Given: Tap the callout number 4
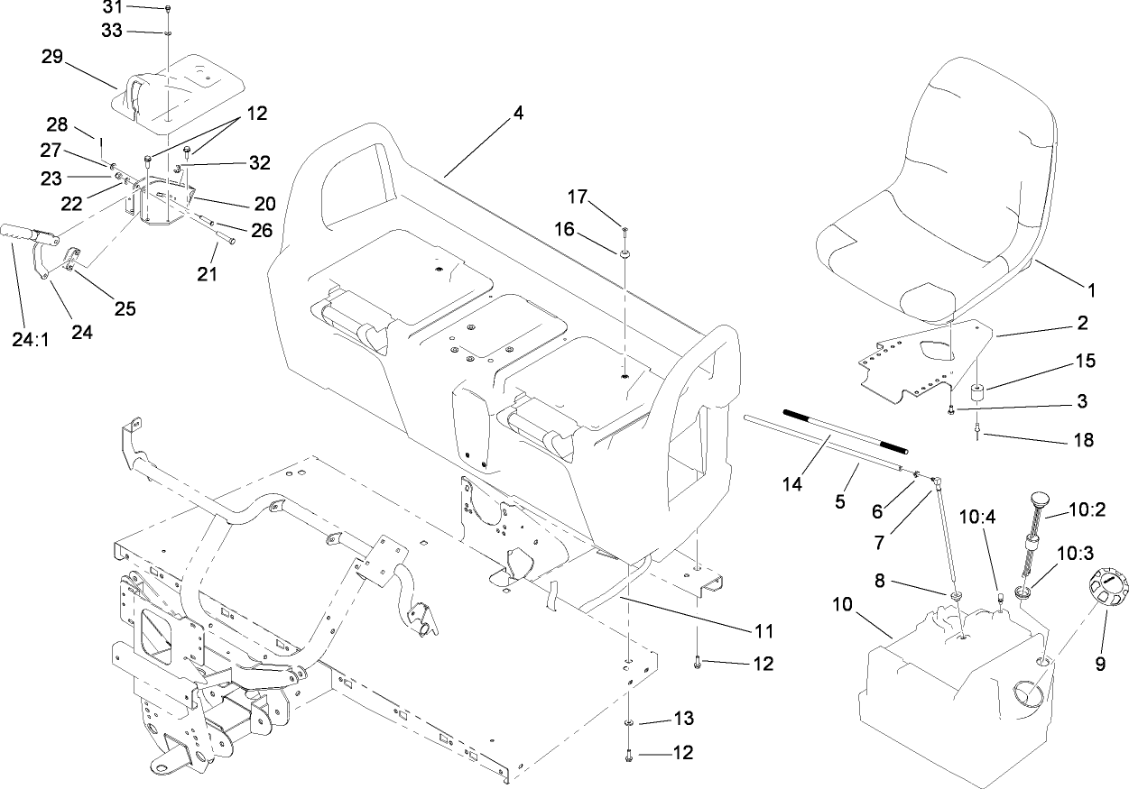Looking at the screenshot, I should (x=517, y=114).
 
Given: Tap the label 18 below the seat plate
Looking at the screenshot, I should (x=1082, y=440).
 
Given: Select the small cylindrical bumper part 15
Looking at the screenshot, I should (x=975, y=394).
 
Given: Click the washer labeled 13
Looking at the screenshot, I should (x=628, y=723).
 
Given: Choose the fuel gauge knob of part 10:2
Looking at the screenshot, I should (x=1039, y=498).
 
